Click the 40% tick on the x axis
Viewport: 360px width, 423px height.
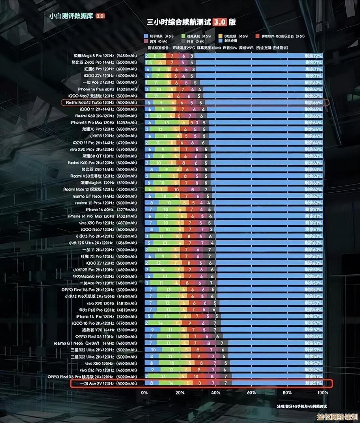click(x=215, y=393)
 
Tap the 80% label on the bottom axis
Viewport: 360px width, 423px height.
click(x=287, y=393)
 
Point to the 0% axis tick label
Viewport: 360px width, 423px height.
click(x=145, y=393)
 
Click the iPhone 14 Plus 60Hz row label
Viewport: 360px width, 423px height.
click(x=107, y=89)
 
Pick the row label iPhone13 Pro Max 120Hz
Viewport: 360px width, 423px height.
click(x=104, y=123)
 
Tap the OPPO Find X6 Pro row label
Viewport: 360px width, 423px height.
click(x=99, y=290)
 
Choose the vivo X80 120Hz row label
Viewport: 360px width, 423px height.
click(x=111, y=363)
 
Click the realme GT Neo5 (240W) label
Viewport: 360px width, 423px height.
click(x=95, y=343)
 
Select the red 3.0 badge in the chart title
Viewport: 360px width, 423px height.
click(x=220, y=22)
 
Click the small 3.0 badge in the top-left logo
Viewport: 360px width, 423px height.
click(x=100, y=16)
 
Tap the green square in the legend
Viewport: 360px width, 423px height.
click(x=184, y=36)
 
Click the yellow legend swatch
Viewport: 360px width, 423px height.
click(x=220, y=36)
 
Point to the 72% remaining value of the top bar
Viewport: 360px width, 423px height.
click(x=313, y=56)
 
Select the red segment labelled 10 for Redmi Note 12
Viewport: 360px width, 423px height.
click(x=176, y=189)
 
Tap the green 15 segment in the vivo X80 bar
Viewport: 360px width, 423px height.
click(x=172, y=363)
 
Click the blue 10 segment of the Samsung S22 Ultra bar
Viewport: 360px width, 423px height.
click(x=153, y=350)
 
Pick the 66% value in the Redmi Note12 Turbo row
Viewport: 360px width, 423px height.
click(x=313, y=102)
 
